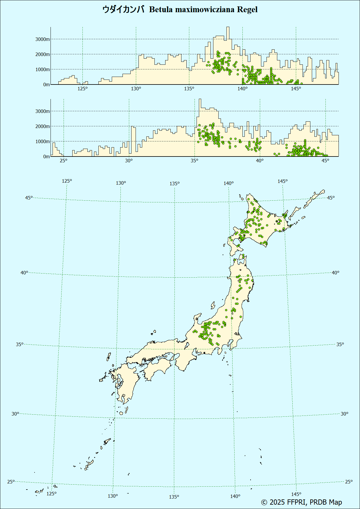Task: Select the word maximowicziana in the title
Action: pyautogui.click(x=205, y=10)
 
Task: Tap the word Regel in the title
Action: pyautogui.click(x=247, y=10)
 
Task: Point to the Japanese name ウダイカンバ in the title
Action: pyautogui.click(x=123, y=10)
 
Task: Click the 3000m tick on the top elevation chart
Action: pyautogui.click(x=42, y=39)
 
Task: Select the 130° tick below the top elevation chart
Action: pyautogui.click(x=136, y=89)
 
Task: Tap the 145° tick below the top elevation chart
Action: pyautogui.click(x=296, y=89)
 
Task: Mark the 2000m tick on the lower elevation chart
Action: pyautogui.click(x=42, y=126)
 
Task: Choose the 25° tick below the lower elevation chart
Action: pyautogui.click(x=64, y=161)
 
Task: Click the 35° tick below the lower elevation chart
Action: pyautogui.click(x=195, y=161)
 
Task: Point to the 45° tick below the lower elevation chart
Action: pyautogui.click(x=325, y=161)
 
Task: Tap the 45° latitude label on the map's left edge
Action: pyautogui.click(x=29, y=198)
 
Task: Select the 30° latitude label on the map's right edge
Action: pyautogui.click(x=344, y=414)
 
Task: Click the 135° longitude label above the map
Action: pyautogui.click(x=174, y=184)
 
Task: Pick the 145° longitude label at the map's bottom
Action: pyautogui.click(x=296, y=494)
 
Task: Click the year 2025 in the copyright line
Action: pyautogui.click(x=277, y=502)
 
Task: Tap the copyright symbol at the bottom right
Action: pyautogui.click(x=264, y=502)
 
